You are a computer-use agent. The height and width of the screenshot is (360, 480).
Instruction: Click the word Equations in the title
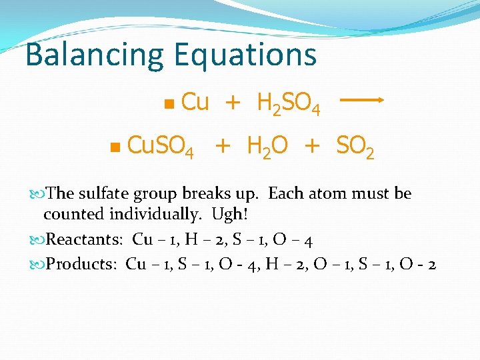pyautogui.click(x=245, y=55)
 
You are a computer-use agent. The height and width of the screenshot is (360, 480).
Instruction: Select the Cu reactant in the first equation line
pyautogui.click(x=195, y=102)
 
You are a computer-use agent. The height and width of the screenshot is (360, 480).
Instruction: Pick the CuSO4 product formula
pyautogui.click(x=160, y=146)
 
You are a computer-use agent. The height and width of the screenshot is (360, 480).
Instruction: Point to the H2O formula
pyautogui.click(x=267, y=146)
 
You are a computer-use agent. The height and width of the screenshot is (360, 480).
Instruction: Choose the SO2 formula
pyautogui.click(x=355, y=146)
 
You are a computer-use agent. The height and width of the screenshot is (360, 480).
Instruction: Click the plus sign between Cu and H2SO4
pyautogui.click(x=232, y=102)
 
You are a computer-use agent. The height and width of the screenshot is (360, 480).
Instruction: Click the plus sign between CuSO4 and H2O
pyautogui.click(x=222, y=145)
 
